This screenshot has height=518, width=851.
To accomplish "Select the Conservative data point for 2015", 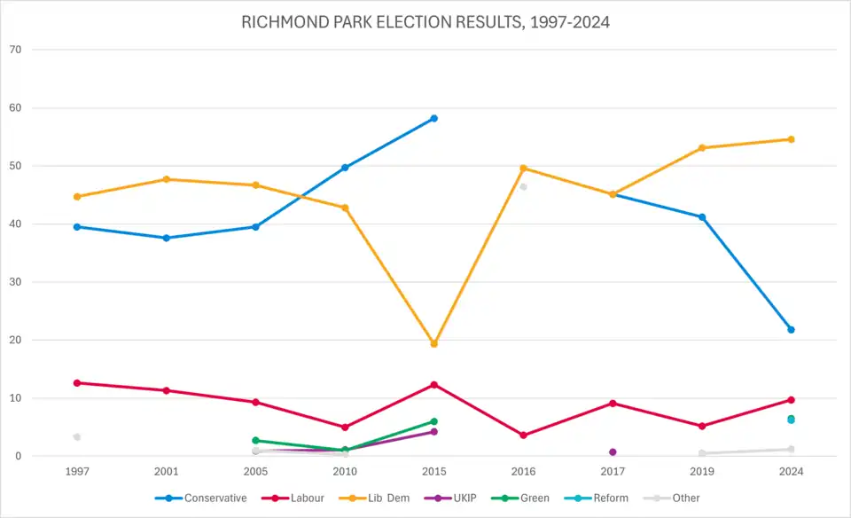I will pos(433,118).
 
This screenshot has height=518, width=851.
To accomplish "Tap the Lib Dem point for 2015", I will pos(433,343).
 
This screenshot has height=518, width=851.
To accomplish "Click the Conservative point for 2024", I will pos(791,330).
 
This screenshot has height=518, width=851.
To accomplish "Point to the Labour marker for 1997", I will pos(77,383).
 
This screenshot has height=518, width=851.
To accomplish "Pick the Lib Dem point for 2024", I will pos(791,139).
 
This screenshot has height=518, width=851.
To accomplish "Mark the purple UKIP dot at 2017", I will pos(613,452).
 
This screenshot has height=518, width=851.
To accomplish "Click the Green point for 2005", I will pos(255,440).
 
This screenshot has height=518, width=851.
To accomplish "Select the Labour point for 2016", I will pos(523,436).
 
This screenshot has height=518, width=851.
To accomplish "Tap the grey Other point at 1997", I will pos(77,437).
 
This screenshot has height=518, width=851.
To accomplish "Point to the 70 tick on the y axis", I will pos(15,50).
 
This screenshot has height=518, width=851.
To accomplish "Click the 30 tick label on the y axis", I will pos(15,282).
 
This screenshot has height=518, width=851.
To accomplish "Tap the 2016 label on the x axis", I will pos(523,472).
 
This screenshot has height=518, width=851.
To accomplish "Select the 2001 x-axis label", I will pos(167,472).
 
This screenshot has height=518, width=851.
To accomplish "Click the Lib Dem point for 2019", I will pos(702,148).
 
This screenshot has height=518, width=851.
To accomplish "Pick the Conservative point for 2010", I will pos(345,168).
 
